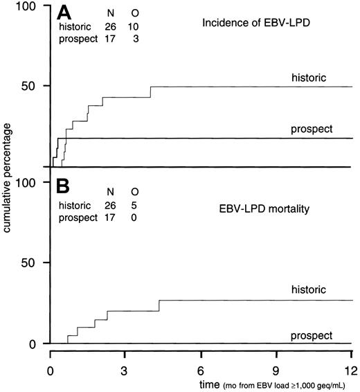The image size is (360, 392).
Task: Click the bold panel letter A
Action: click(66, 14)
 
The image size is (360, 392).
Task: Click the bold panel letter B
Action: click(66, 187)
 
